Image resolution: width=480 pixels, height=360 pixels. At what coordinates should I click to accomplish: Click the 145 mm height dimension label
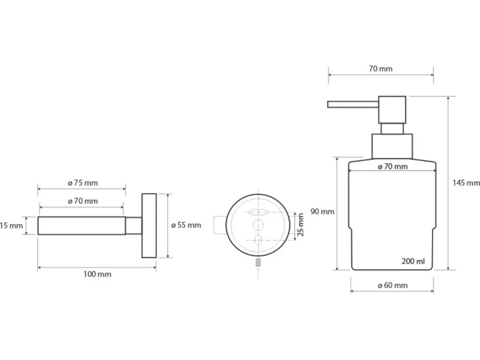click(466, 183)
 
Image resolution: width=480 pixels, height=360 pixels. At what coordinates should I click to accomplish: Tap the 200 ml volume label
click(413, 261)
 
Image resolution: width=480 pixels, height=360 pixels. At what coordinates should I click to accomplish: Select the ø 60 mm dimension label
click(393, 285)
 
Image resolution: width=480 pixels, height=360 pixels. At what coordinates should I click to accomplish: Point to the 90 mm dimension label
click(322, 211)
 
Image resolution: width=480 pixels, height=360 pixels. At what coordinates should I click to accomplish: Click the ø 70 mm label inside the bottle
click(393, 167)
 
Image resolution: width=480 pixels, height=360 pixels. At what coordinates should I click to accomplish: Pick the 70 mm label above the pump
click(381, 69)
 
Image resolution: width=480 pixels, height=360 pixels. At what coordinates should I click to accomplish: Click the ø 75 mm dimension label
click(83, 183)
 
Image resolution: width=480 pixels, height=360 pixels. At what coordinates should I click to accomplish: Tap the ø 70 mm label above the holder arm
click(83, 201)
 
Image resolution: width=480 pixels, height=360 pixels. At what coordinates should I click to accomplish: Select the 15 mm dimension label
click(11, 225)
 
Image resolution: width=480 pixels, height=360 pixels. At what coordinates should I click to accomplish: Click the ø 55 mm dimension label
click(186, 225)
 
